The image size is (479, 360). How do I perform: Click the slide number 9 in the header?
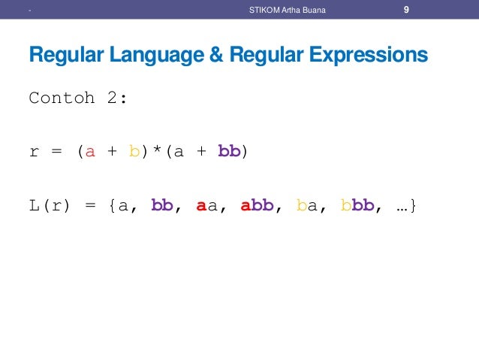(405, 10)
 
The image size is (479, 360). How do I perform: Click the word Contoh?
(61, 98)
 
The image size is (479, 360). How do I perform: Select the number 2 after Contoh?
(116, 98)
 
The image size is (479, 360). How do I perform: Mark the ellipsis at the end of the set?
(401, 206)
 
